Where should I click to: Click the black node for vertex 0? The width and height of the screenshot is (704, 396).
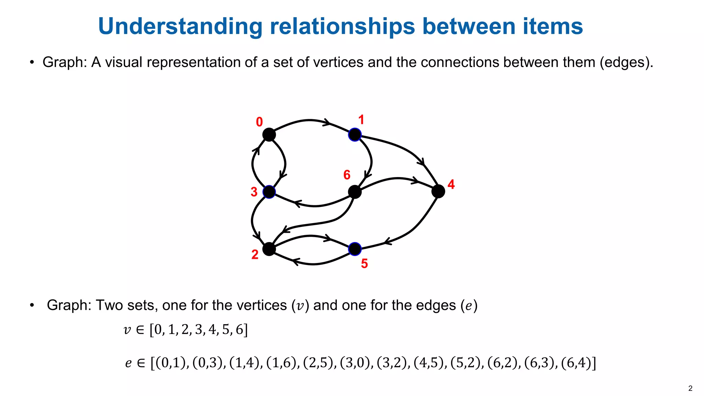(x=269, y=134)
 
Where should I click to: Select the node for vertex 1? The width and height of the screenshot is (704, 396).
(x=355, y=134)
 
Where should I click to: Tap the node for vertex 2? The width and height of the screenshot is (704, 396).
(x=269, y=249)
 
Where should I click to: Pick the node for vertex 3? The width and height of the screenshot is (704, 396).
(x=269, y=192)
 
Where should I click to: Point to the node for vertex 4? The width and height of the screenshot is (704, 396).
(x=438, y=191)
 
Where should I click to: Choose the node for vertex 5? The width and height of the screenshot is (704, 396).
(x=355, y=249)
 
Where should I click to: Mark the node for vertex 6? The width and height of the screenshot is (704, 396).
(x=355, y=192)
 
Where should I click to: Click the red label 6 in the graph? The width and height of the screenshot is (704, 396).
(x=347, y=175)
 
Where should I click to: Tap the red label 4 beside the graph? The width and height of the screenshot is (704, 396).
(x=451, y=185)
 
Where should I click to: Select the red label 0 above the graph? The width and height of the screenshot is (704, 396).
(x=260, y=122)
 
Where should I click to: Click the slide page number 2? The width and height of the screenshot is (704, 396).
(x=690, y=388)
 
